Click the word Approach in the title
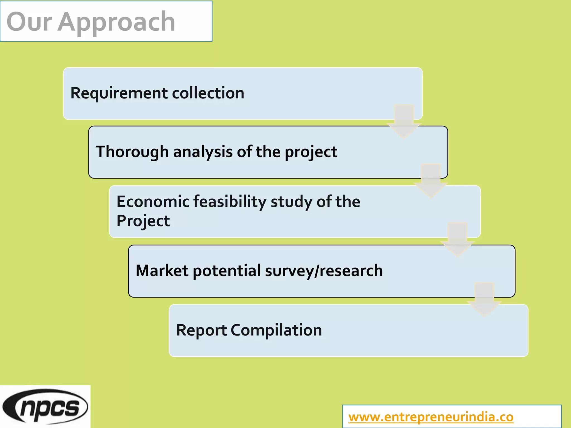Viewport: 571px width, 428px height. [x=117, y=23]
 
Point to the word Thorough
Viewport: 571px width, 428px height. [x=132, y=152]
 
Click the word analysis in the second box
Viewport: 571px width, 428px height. [x=203, y=152]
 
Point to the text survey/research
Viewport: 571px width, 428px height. [x=324, y=271]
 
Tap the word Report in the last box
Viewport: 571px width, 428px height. [x=201, y=330]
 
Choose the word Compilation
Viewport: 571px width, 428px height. [x=276, y=330]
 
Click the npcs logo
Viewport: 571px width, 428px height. [x=45, y=407]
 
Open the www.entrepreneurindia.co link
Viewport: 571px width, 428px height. [x=431, y=417]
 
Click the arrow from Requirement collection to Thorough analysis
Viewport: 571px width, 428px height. [x=404, y=122]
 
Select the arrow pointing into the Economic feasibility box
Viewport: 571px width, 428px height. [x=431, y=181]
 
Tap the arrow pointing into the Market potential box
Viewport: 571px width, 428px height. [x=458, y=240]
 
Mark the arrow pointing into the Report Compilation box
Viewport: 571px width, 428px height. [x=484, y=300]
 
